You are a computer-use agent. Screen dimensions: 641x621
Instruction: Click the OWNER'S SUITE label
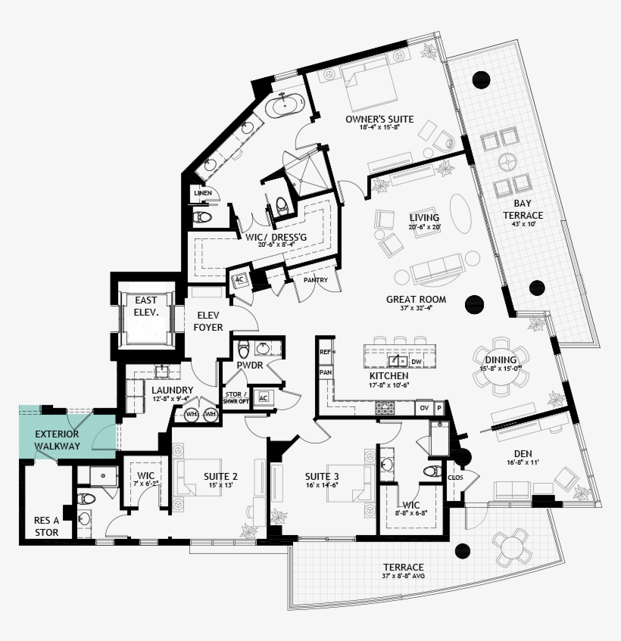(x=379, y=119)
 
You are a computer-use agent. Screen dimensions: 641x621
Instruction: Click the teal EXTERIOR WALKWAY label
(x=57, y=440)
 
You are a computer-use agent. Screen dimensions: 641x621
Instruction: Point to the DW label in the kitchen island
(x=416, y=362)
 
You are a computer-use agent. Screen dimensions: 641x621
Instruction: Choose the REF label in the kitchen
(x=326, y=352)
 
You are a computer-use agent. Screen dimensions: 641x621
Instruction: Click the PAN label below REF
(x=326, y=372)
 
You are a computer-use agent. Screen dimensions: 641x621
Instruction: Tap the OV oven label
(x=423, y=408)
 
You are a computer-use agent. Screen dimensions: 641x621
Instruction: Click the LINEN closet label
(x=202, y=194)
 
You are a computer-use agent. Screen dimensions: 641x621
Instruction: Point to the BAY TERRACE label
(x=523, y=209)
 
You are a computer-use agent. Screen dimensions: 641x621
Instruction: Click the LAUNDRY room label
(x=173, y=390)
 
